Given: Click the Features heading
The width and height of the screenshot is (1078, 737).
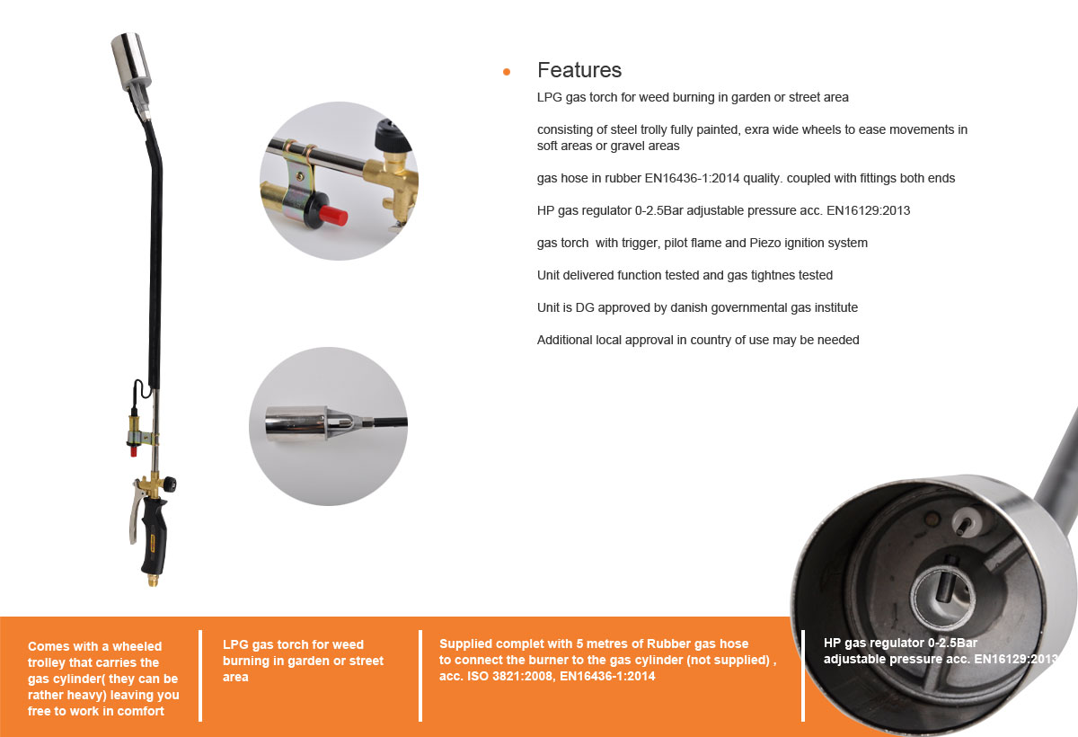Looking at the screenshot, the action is tap(579, 70).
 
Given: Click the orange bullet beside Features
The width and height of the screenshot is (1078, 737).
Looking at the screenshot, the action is tap(507, 72).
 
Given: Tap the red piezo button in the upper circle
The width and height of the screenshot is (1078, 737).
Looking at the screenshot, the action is tap(334, 215).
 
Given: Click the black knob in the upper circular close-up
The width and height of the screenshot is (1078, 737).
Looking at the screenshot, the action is tap(392, 134).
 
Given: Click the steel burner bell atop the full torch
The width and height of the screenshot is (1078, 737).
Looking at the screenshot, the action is tap(130, 60).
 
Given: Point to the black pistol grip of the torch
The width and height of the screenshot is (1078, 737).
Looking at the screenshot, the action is tap(155, 536).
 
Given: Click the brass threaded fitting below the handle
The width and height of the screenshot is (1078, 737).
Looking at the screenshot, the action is tap(154, 580).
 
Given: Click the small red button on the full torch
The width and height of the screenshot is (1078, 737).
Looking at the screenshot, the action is tap(134, 451).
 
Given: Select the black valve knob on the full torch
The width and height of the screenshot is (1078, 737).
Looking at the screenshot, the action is tap(169, 484).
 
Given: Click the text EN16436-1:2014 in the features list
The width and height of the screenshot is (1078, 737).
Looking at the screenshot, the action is tap(692, 178).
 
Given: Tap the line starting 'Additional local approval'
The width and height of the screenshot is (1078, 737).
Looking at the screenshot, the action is tap(698, 340).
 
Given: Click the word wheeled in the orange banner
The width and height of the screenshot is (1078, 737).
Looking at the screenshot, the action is tap(137, 646).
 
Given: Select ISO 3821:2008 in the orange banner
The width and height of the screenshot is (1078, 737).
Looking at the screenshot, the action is tap(509, 676).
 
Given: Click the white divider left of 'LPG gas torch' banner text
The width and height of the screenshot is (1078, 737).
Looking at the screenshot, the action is tap(200, 675).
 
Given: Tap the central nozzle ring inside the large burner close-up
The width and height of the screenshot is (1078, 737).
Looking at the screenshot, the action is tap(943, 596).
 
